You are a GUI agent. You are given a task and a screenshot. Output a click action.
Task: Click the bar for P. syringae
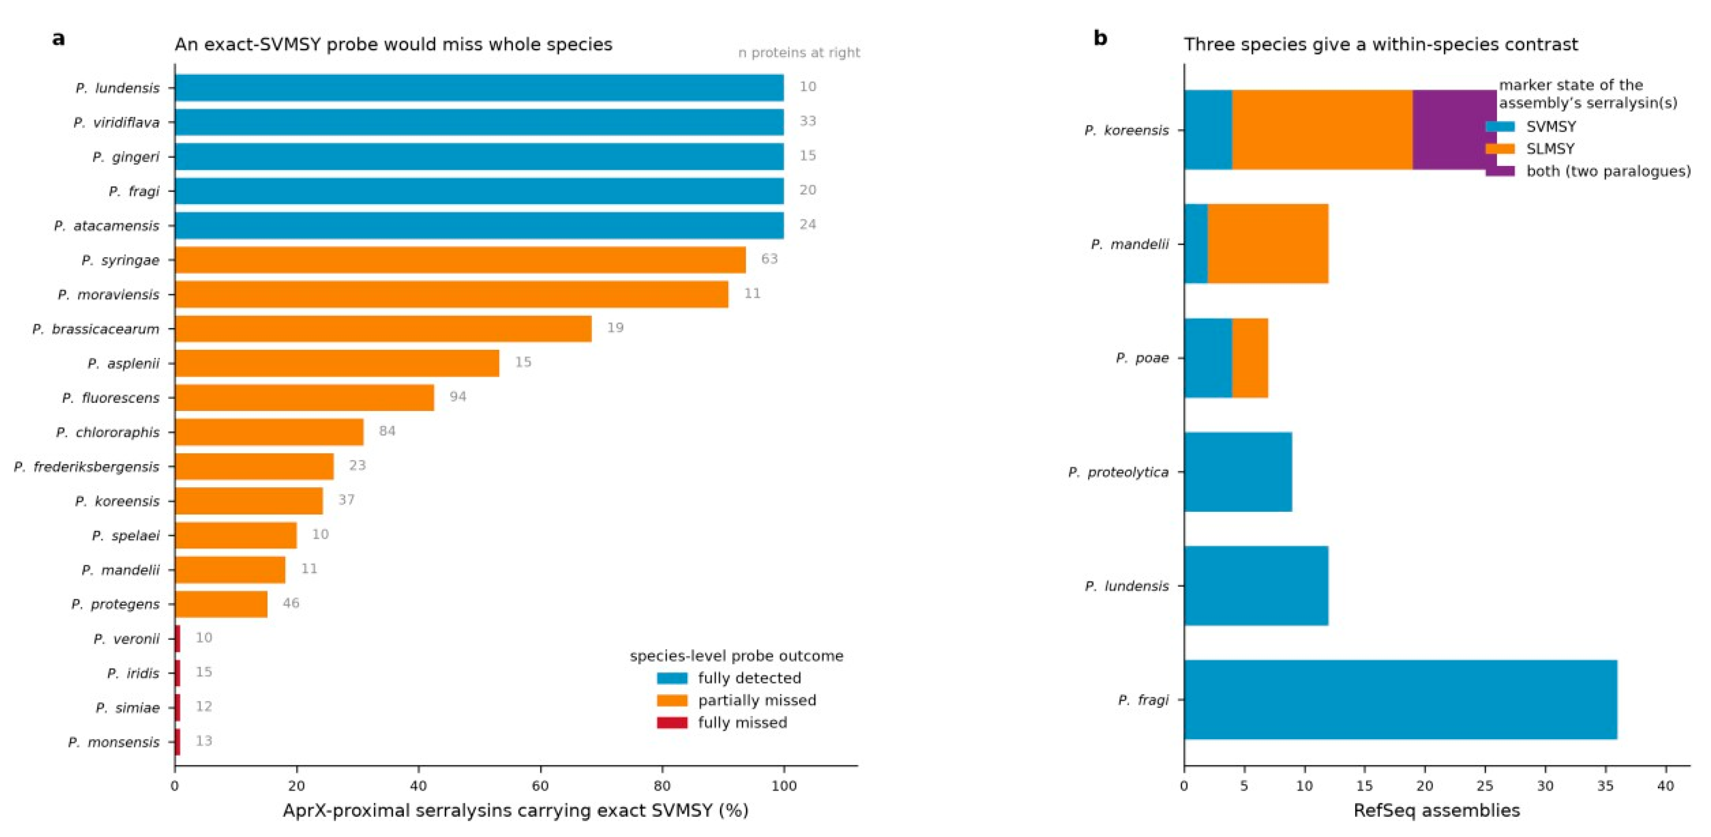point(460,260)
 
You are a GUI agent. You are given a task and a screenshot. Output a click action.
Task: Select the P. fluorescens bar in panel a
point(305,398)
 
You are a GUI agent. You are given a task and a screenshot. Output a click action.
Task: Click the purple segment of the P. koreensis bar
point(1455,129)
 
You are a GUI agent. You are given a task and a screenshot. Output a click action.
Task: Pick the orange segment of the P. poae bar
point(1250,358)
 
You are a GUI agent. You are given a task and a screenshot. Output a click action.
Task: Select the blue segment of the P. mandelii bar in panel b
point(1196,244)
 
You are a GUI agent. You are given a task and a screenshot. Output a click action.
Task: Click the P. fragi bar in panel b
point(1401,700)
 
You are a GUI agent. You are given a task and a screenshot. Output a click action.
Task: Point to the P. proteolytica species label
point(1118,472)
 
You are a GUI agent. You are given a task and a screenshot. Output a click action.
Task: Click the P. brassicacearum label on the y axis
point(96,329)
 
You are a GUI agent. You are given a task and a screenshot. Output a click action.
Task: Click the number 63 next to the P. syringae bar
point(769,259)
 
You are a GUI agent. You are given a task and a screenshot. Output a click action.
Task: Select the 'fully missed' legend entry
point(722,723)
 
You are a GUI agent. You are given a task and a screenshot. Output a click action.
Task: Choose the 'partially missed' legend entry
point(736,700)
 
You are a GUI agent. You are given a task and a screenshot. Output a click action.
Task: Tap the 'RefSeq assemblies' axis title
point(1437,811)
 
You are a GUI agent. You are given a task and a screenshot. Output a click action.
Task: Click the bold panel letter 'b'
point(1101,39)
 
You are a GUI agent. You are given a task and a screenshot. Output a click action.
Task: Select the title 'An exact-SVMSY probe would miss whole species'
point(393,44)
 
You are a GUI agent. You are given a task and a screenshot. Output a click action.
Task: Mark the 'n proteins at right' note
point(799,53)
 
